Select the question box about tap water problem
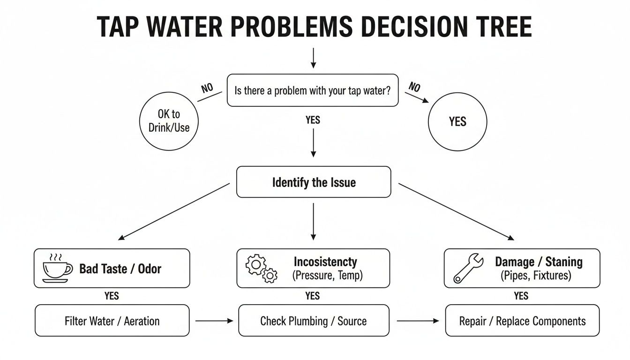click(x=313, y=90)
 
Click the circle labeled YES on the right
click(x=457, y=122)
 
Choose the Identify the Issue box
click(x=314, y=182)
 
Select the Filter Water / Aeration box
click(x=112, y=321)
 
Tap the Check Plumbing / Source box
click(x=314, y=321)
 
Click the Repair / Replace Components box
click(x=522, y=321)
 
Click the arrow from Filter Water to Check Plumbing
click(x=214, y=321)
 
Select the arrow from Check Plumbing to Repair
click(x=418, y=321)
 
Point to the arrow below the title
click(x=314, y=58)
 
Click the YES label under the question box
click(x=313, y=120)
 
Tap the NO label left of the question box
click(x=207, y=89)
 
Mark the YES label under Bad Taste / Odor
click(x=112, y=296)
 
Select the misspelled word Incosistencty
click(x=325, y=262)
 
